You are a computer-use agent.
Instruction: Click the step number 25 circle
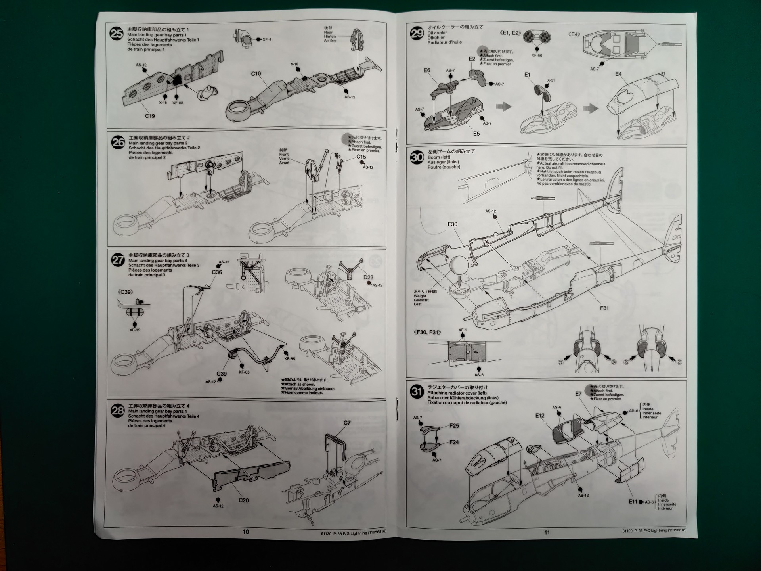[117, 34]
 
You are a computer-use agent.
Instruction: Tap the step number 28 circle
[118, 410]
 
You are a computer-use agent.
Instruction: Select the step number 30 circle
[417, 157]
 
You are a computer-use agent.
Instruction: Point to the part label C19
[150, 116]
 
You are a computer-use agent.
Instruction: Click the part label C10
[256, 74]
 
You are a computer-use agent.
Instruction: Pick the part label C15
[361, 157]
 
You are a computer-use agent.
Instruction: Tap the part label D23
[368, 277]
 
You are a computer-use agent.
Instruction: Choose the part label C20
[244, 500]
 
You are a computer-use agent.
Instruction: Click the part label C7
[347, 423]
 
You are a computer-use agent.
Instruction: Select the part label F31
[604, 308]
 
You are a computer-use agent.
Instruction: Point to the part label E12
[540, 416]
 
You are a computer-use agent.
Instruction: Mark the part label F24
[454, 442]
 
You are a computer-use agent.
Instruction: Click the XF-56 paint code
[537, 56]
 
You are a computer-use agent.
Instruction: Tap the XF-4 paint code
[267, 40]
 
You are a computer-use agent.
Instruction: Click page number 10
[246, 532]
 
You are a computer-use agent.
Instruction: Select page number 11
[547, 532]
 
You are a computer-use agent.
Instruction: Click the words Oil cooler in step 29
[437, 33]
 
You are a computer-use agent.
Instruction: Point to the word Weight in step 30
[420, 296]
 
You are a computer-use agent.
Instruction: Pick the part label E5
[476, 134]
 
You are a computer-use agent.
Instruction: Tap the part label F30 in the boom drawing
[452, 224]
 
